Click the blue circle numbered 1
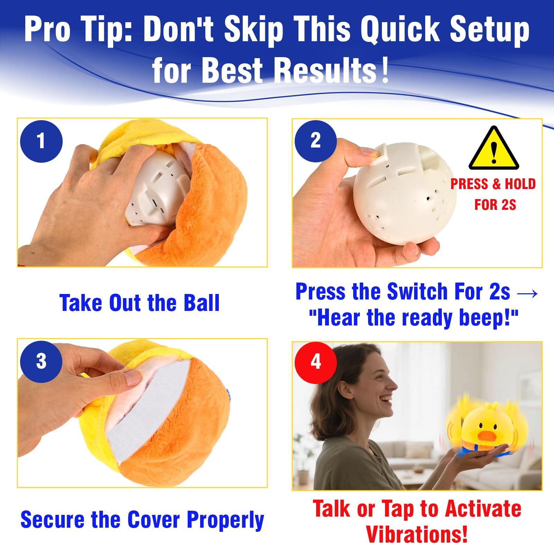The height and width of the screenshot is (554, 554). (41, 141)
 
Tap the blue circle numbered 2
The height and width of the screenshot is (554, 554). (315, 141)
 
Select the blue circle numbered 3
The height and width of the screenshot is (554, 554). (41, 361)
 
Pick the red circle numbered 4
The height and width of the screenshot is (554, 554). (315, 363)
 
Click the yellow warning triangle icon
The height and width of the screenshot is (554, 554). (494, 148)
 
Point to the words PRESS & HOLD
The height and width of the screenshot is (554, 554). (493, 184)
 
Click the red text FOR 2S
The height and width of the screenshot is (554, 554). (495, 205)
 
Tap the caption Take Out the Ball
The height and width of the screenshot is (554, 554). (140, 303)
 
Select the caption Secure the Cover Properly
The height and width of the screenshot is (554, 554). (142, 520)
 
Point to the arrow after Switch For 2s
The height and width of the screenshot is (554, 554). (527, 294)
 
